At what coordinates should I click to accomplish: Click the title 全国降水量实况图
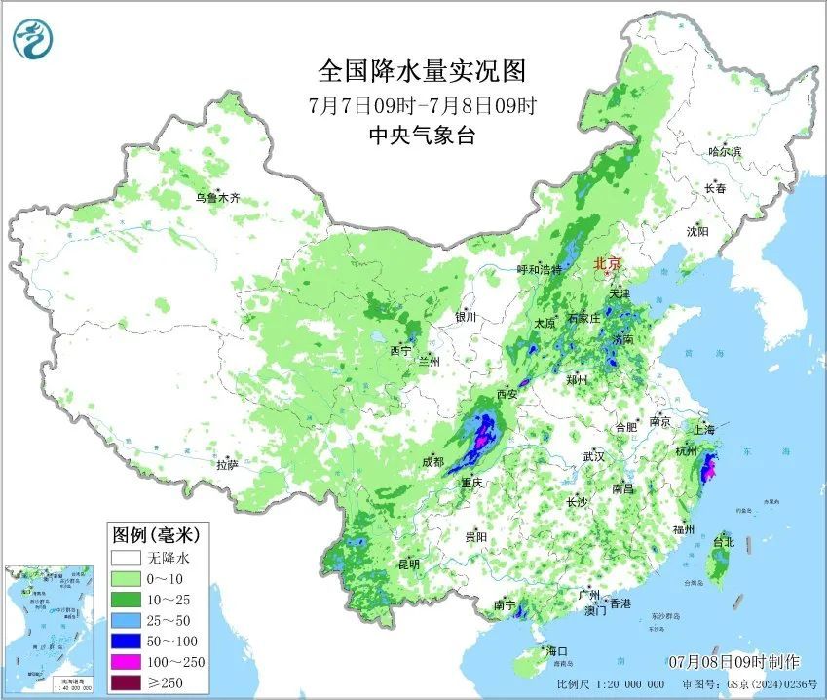click(422, 70)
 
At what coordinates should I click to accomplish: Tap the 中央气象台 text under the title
click(422, 136)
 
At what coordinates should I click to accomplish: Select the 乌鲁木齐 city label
click(216, 198)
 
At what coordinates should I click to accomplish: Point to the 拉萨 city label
click(227, 465)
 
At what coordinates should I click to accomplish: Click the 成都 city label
click(432, 461)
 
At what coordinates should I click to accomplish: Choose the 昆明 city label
click(408, 564)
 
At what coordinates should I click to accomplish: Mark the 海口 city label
click(557, 650)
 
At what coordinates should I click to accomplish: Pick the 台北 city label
click(723, 541)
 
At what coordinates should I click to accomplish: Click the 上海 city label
click(703, 429)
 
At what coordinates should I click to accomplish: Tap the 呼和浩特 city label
click(539, 269)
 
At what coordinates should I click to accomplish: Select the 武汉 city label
click(593, 456)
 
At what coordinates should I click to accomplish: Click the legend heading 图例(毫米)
click(156, 534)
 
